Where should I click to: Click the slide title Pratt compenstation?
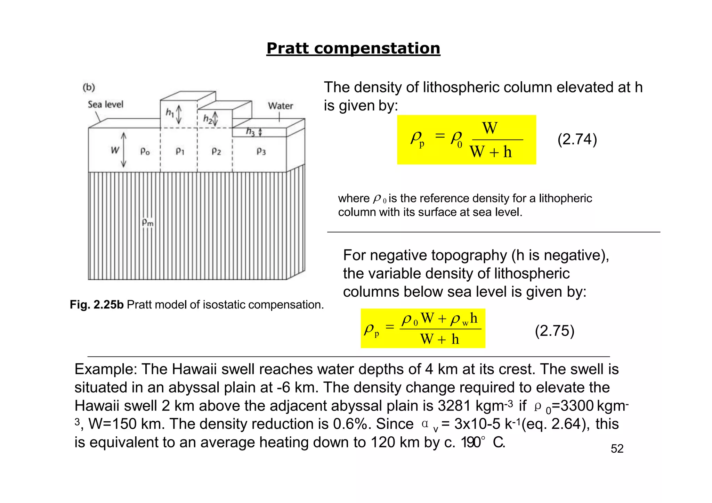pos(353,48)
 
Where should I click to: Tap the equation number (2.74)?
pos(577,139)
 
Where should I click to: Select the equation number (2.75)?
pos(555,331)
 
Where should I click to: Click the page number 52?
pos(617,449)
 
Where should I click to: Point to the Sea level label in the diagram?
pos(105,105)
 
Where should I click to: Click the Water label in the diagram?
pos(280,106)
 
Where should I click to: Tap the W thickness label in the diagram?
pos(115,150)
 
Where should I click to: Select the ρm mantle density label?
pos(147,222)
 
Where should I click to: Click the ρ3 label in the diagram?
pos(261,151)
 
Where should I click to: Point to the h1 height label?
pos(170,112)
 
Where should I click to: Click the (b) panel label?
pos(89,87)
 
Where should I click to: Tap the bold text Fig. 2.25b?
pos(97,305)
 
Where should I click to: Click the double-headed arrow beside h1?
pos(179,115)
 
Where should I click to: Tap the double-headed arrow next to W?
pos(124,150)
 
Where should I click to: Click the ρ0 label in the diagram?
pos(145,151)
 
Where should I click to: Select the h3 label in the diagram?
pos(250,132)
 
